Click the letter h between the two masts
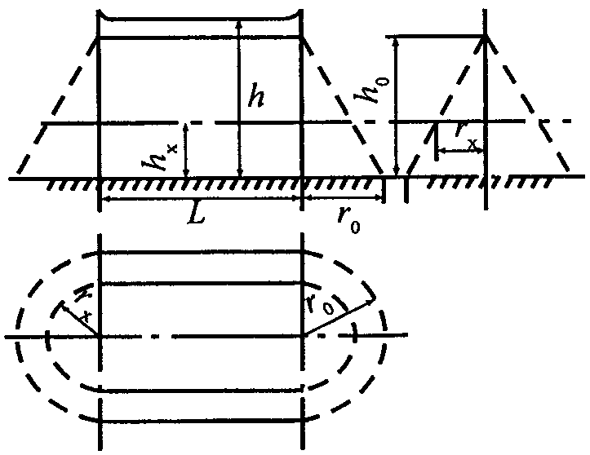tap(258, 99)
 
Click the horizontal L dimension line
tap(200, 198)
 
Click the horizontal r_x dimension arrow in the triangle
tap(461, 151)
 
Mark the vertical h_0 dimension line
tap(395, 106)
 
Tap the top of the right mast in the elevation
tap(303, 38)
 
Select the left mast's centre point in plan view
tap(99, 336)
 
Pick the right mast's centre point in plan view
tap(303, 336)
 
